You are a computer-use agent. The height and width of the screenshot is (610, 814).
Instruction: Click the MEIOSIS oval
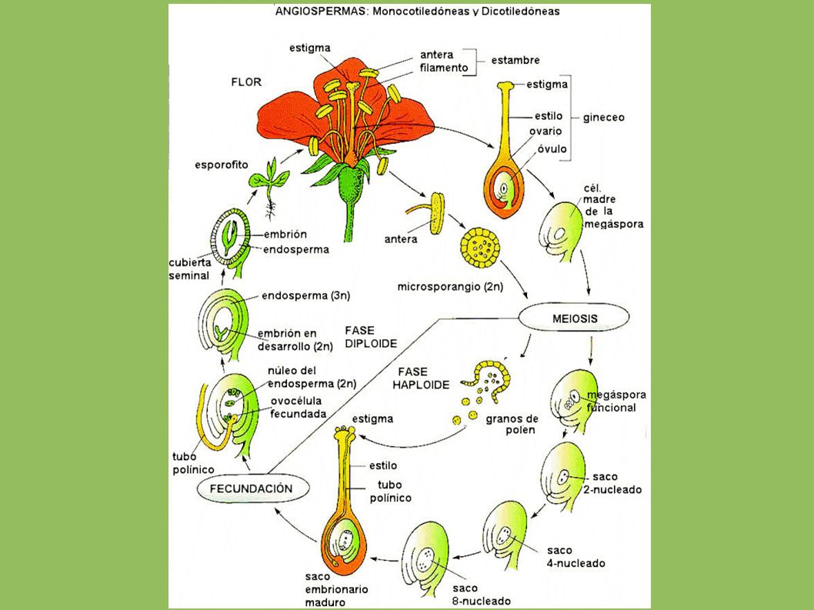pyautogui.click(x=575, y=318)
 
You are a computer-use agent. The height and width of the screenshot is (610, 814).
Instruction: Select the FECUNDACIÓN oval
pyautogui.click(x=253, y=488)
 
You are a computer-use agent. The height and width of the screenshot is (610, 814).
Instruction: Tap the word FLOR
pyautogui.click(x=247, y=82)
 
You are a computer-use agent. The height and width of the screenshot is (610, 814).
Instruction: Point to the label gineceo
pyautogui.click(x=603, y=118)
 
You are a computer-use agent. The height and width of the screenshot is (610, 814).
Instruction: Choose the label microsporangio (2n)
pyautogui.click(x=450, y=287)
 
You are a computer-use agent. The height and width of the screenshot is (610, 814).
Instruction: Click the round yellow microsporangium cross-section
pyautogui.click(x=480, y=247)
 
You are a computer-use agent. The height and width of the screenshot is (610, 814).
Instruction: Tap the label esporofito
pyautogui.click(x=222, y=165)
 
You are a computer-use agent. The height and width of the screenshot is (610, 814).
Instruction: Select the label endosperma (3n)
pyautogui.click(x=305, y=296)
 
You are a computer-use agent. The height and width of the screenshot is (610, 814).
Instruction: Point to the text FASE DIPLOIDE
pyautogui.click(x=371, y=337)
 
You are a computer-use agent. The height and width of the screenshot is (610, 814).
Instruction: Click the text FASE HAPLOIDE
pyautogui.click(x=421, y=378)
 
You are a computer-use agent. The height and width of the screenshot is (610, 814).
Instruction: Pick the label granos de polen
pyautogui.click(x=512, y=424)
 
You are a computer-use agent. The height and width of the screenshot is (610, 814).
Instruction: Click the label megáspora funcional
pyautogui.click(x=616, y=402)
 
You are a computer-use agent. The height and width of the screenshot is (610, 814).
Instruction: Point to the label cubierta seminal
pyautogui.click(x=189, y=269)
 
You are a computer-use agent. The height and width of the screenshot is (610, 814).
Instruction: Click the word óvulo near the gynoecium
pyautogui.click(x=552, y=148)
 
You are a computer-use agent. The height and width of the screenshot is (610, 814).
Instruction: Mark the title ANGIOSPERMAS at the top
pyautogui.click(x=320, y=12)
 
